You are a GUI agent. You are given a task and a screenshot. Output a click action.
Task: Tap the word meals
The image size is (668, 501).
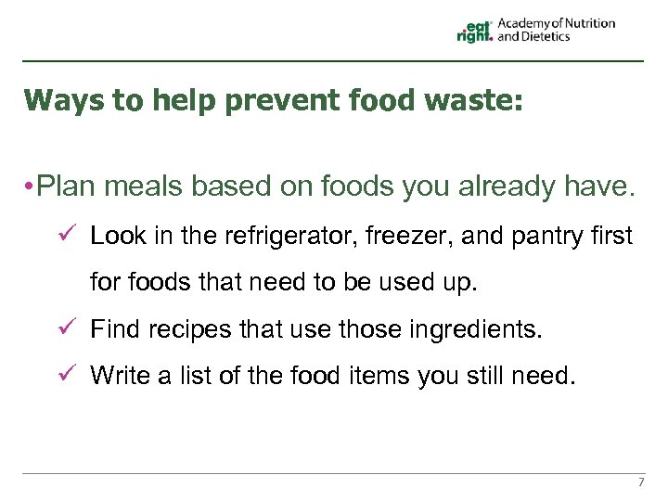tap(145, 187)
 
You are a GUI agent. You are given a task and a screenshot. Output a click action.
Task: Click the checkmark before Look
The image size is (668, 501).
tap(67, 236)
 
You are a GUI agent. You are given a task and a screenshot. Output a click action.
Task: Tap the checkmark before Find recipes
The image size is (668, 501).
tap(67, 328)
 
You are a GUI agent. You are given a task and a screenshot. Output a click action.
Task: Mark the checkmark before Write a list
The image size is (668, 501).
tap(67, 375)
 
